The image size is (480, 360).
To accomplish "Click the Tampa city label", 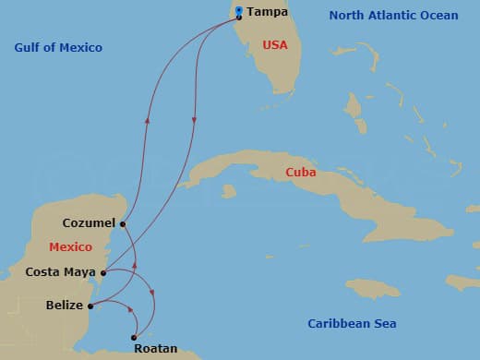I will (268, 13).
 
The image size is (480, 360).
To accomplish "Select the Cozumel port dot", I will (122, 223).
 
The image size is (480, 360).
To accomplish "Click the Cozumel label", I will (89, 223).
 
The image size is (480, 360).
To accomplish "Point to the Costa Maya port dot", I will (103, 272).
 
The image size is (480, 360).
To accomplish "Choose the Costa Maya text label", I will (61, 272).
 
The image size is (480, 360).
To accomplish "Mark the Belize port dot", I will (90, 306).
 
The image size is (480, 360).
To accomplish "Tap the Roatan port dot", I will (135, 337).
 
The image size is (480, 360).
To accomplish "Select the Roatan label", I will (154, 350).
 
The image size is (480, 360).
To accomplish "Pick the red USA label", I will (275, 43).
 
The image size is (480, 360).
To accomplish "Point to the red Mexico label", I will (71, 247).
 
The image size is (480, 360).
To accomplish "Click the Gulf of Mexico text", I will (58, 47).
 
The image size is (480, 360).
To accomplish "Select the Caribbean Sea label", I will (352, 323).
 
